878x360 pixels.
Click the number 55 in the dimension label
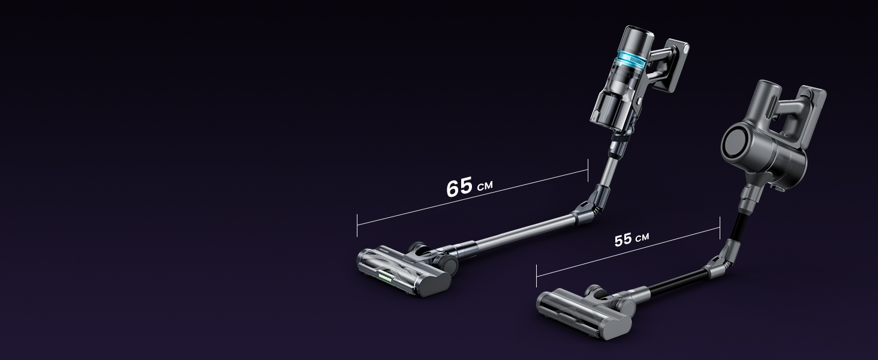623,239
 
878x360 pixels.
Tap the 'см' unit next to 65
485,185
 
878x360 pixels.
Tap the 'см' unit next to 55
642,237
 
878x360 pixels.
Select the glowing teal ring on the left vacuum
630,60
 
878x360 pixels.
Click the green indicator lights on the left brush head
385,278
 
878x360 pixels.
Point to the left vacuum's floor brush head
405,271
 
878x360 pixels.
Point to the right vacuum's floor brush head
586,313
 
